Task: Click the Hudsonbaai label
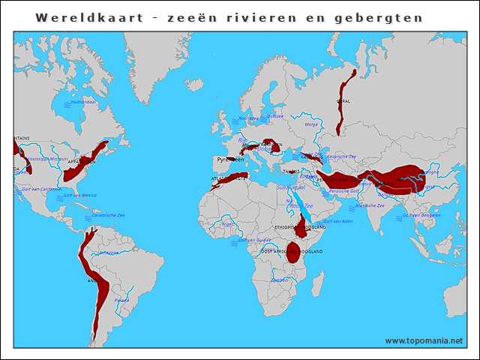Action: click(x=82, y=102)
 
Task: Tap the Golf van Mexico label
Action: click(x=79, y=195)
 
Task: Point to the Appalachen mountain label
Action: click(x=82, y=160)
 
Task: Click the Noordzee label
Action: click(x=248, y=118)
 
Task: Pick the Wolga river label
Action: click(x=311, y=124)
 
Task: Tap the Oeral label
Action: click(x=343, y=100)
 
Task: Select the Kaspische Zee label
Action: click(x=342, y=157)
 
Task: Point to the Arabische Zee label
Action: click(x=370, y=205)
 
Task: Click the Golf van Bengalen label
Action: click(x=421, y=214)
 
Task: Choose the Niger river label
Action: click(x=228, y=223)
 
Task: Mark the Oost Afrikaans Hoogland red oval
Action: click(x=293, y=253)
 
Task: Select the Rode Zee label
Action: click(x=301, y=205)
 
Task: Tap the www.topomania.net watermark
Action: click(x=424, y=340)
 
